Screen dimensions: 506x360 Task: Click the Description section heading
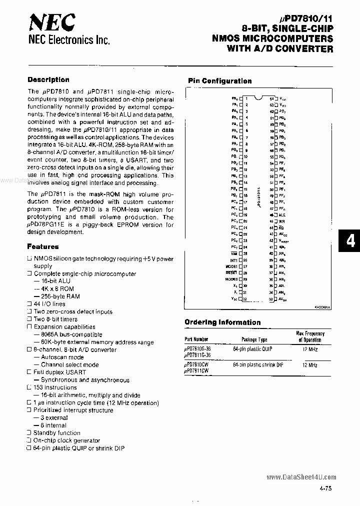(x=48, y=79)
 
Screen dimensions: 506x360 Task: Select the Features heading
(x=42, y=246)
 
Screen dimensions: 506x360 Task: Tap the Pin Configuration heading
(x=219, y=80)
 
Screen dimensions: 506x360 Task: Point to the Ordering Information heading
(x=222, y=322)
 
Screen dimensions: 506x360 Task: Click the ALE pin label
(x=282, y=214)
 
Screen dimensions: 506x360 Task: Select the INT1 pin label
(x=233, y=260)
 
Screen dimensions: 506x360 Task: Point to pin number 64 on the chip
(x=272, y=99)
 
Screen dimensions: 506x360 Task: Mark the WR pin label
(x=282, y=221)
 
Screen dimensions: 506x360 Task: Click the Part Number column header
(x=196, y=339)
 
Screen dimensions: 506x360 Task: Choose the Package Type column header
(x=254, y=339)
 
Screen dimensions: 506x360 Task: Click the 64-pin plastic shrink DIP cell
(x=257, y=365)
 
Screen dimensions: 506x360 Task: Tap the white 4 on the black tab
(x=350, y=241)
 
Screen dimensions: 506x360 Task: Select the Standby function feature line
(x=56, y=433)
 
